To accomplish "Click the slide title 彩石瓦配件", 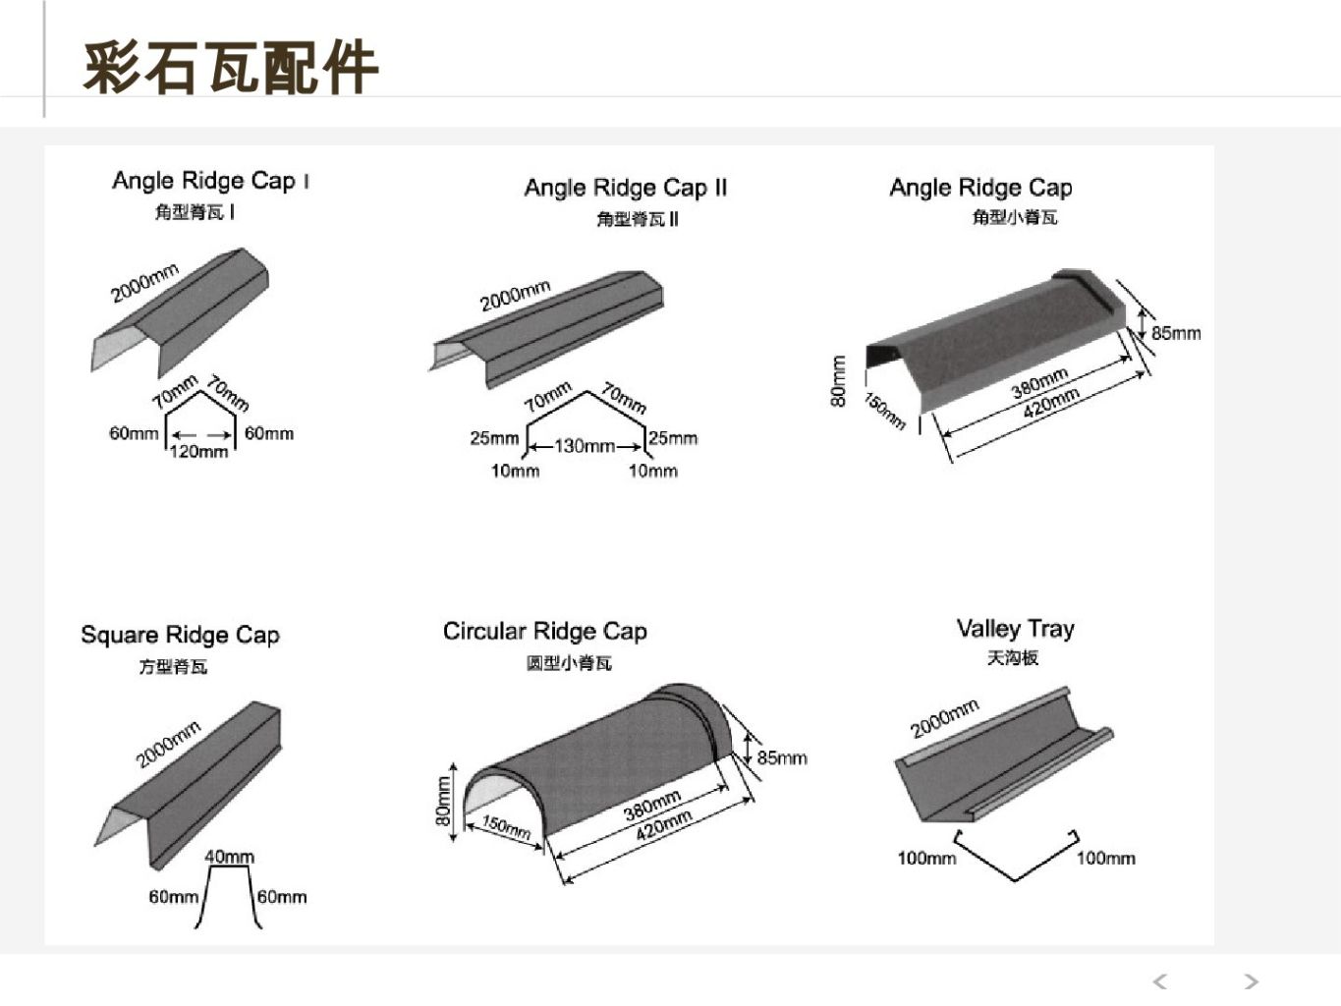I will coord(230,68).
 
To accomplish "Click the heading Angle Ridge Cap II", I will coord(625,188).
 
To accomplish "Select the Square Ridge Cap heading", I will coord(180,635).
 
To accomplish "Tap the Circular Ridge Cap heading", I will coord(544,631).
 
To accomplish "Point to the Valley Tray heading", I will coord(1015,629).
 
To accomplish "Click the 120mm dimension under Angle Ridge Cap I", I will coord(198,452).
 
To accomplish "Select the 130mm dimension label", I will coord(585,446).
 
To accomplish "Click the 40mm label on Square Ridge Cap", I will coord(229,857).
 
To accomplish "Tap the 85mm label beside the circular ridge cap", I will coord(782,757).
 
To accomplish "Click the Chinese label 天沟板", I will coord(1013,658).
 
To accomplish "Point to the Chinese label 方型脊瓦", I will coord(173,667).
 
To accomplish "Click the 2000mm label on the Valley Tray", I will coord(944,718).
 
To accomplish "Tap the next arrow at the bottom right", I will coord(1251,981).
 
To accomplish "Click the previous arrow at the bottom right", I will coord(1160,981).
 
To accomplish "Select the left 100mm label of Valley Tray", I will coord(925,858).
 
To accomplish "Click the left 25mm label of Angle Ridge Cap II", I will coord(494,438).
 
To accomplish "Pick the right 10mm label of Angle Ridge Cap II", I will coord(652,471).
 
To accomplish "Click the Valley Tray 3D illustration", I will coord(1002,761).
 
